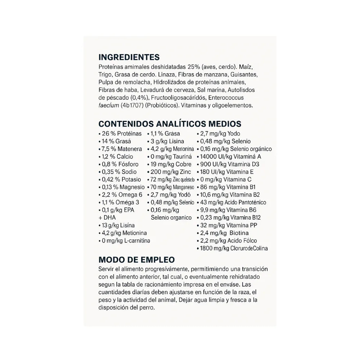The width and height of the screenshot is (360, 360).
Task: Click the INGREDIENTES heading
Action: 129,58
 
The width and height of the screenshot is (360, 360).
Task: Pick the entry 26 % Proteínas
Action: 120,134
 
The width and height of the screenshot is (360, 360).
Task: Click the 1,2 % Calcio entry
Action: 116,157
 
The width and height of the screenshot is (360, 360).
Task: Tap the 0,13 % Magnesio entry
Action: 121,187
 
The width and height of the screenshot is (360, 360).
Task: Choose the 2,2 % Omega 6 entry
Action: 120,195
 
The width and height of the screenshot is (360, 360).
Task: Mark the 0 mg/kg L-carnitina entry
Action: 124,240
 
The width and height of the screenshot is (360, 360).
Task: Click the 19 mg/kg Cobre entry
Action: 167,164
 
